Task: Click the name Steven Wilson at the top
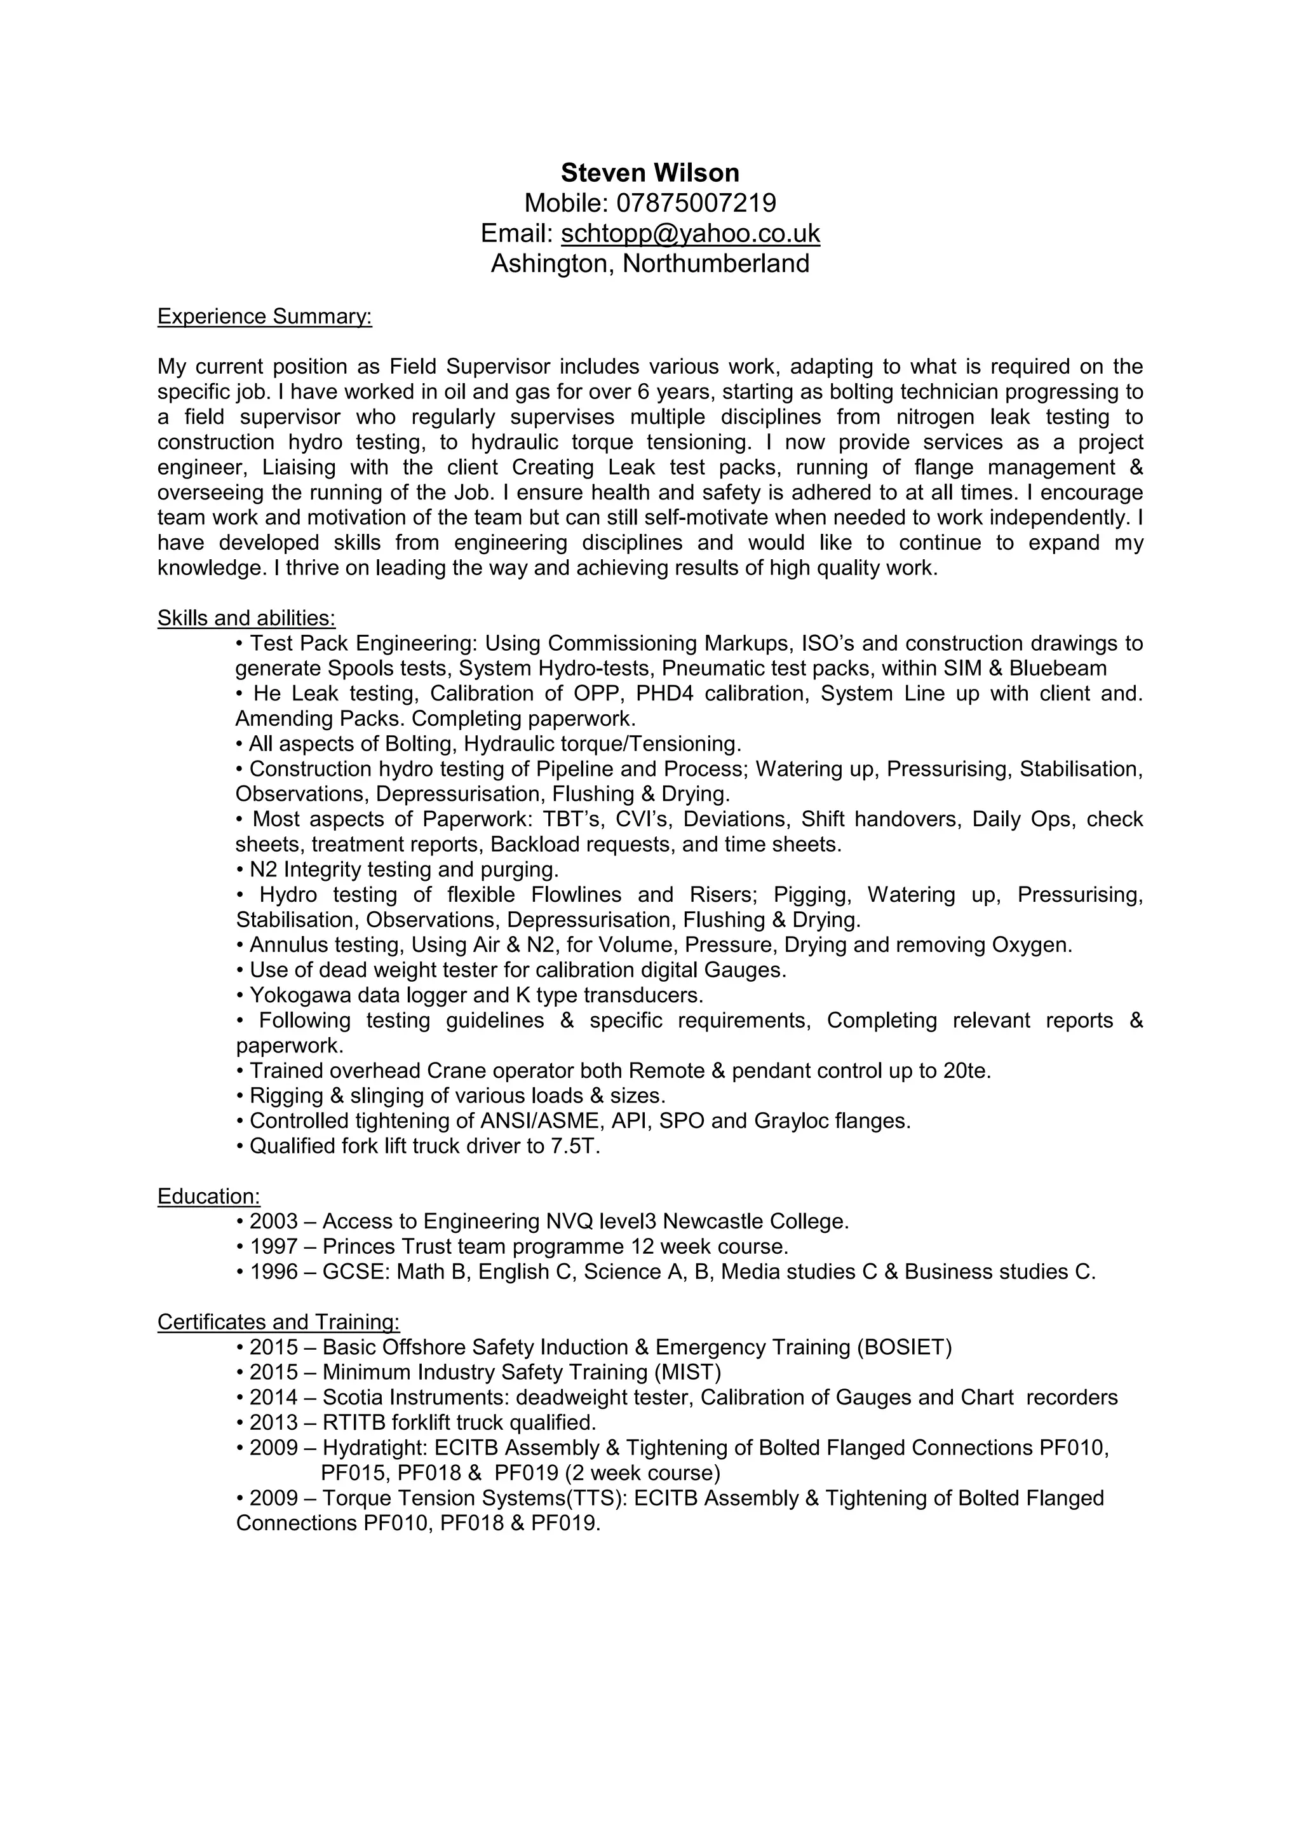click(649, 172)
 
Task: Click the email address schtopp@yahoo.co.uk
click(690, 233)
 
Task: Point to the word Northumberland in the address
click(716, 263)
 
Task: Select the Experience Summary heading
click(264, 316)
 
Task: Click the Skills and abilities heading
click(246, 618)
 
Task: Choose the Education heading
click(208, 1197)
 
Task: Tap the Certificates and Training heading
click(278, 1321)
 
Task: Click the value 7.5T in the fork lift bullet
click(575, 1146)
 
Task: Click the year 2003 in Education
click(273, 1221)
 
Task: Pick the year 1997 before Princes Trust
click(273, 1247)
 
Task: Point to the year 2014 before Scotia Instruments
click(273, 1397)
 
